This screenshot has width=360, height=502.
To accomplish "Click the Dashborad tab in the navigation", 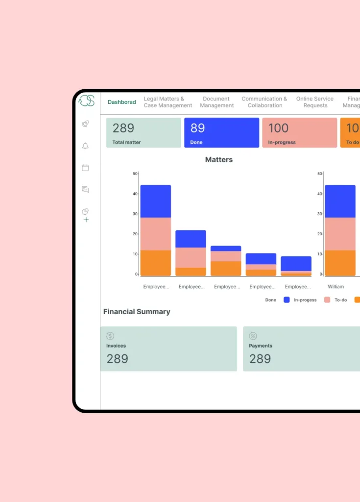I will (x=122, y=102).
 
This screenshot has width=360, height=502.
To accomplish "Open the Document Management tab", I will (x=216, y=102).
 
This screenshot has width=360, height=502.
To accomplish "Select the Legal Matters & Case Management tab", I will (x=168, y=102).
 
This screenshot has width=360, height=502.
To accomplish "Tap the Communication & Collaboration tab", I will (x=264, y=102).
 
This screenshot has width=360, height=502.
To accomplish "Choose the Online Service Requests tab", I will (x=315, y=102).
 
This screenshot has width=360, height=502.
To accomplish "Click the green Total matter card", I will (x=144, y=133).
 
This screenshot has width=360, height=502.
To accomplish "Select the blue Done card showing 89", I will (x=221, y=133).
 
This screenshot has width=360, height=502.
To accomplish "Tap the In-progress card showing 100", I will (x=299, y=133).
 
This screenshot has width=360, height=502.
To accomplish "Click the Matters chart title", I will (x=219, y=160).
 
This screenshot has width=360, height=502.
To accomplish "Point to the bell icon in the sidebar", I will (x=85, y=146).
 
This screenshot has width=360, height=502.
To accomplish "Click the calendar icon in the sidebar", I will (x=85, y=168).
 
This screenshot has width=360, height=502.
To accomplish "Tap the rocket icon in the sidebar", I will (x=85, y=124).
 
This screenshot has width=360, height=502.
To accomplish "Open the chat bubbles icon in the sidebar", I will (x=85, y=189).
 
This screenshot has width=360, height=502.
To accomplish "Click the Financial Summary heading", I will (x=137, y=312).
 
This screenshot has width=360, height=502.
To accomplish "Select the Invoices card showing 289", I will (x=168, y=349).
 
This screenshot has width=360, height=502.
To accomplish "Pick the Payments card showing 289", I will (x=301, y=349).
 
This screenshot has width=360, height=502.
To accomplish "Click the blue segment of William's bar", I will (x=340, y=201).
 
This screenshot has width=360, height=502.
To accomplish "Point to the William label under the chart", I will (x=336, y=287).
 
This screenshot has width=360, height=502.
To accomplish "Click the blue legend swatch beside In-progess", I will (x=287, y=300).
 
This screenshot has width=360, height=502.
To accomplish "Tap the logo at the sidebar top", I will (x=87, y=100).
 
